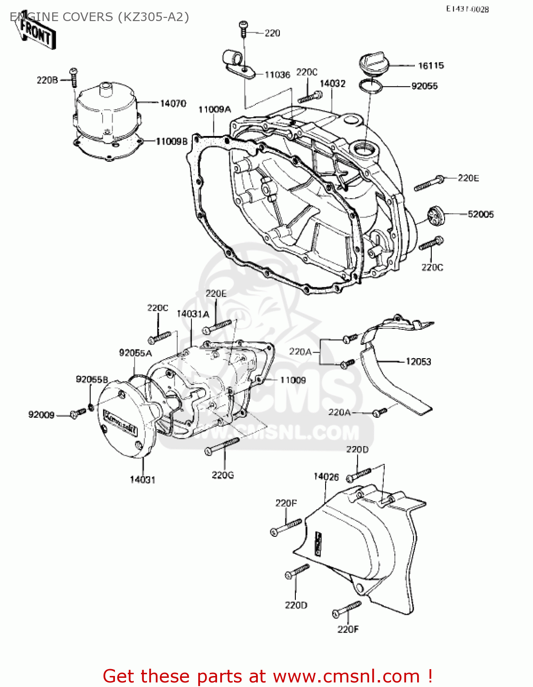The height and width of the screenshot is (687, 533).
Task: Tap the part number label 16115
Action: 430,65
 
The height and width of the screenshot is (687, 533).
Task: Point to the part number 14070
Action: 173,104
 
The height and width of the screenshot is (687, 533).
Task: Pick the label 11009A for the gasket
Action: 214,109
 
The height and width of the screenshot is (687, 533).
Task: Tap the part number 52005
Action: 480,214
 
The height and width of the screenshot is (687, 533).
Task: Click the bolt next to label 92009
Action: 77,413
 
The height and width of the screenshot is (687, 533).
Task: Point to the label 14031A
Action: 193,314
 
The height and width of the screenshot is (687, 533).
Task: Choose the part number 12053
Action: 418,361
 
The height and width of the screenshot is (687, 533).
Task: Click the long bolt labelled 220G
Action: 222,445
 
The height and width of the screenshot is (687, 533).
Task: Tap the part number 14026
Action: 326,477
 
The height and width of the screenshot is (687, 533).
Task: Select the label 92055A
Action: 135,353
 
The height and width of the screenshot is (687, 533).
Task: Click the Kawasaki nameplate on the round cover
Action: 121,422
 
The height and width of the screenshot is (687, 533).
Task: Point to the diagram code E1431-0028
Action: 467,9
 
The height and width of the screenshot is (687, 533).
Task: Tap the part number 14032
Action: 332,83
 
